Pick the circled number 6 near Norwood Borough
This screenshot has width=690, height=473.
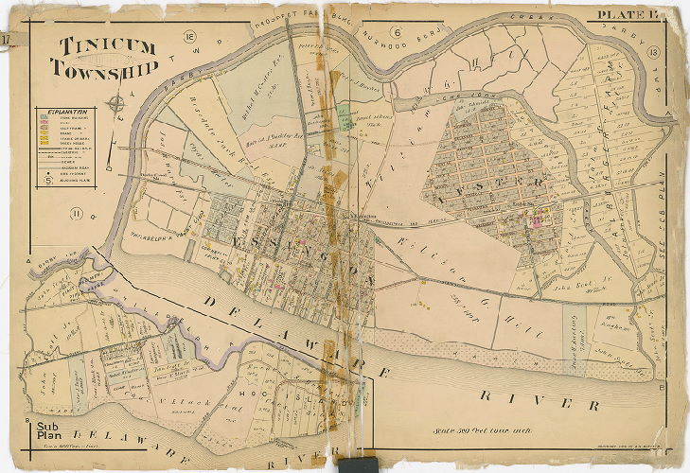click(x=397, y=36)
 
